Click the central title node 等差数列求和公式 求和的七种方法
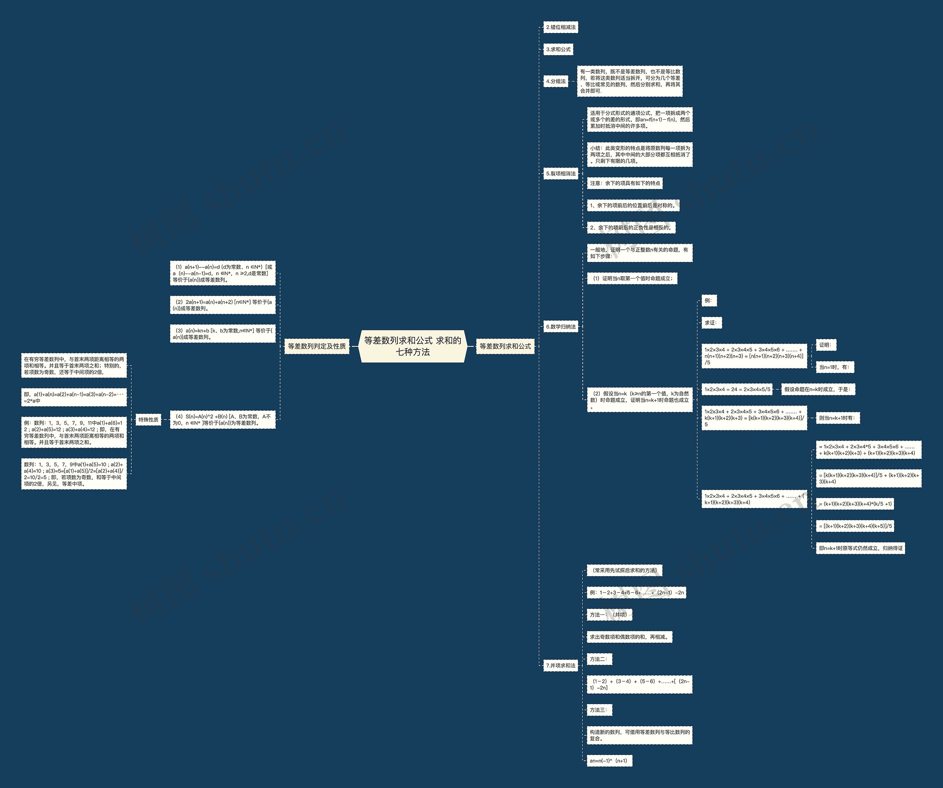pos(412,346)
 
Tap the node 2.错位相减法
pos(560,27)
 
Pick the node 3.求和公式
pos(558,49)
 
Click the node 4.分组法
pos(556,81)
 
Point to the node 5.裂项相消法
pos(560,173)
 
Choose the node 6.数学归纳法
pos(560,326)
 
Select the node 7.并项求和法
pos(560,665)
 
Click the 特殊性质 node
pos(148,419)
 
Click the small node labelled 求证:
pos(711,322)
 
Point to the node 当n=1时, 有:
pos(834,367)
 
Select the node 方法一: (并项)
pos(609,615)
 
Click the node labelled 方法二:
pos(599,659)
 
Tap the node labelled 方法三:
pos(599,710)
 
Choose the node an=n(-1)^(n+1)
pos(609,761)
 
